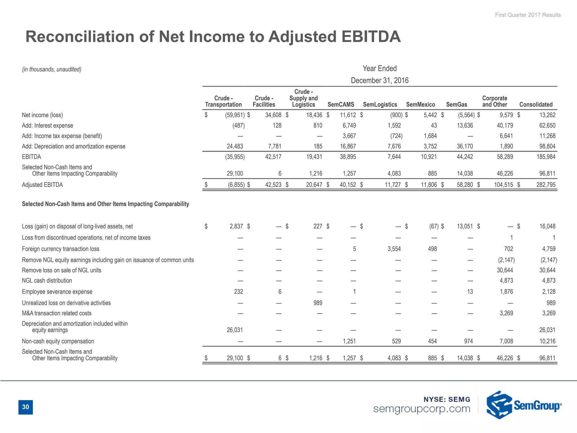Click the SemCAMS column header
[341, 105]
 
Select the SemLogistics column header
[380, 105]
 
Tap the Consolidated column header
[536, 105]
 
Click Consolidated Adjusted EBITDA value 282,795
[546, 185]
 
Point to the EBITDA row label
[32, 157]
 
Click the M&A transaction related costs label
[57, 313]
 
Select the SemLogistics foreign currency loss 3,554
[394, 249]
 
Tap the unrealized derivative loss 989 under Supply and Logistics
[318, 303]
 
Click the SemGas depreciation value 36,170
[465, 146]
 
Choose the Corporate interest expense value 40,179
[505, 125]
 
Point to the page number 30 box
[26, 407]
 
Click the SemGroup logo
[523, 405]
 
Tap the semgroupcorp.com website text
[421, 409]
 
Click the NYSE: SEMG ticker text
[447, 399]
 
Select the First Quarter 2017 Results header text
[528, 15]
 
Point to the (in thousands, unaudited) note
[52, 69]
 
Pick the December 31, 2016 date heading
[380, 81]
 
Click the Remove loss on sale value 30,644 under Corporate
[505, 270]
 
